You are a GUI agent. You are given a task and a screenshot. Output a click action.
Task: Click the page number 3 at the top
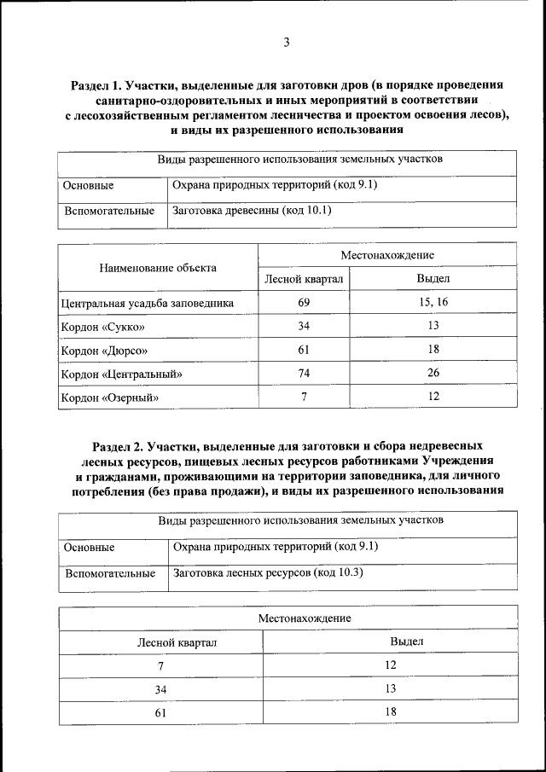[287, 44]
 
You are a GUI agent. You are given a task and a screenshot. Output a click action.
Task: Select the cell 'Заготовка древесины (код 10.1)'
[252, 210]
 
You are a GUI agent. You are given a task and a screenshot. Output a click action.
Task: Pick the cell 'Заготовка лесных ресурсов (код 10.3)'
[268, 573]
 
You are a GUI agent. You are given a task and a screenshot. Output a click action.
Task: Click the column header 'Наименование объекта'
[158, 267]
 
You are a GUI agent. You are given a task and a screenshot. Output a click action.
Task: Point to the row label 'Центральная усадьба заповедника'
[147, 303]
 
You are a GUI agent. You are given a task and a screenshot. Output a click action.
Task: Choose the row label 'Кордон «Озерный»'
[110, 398]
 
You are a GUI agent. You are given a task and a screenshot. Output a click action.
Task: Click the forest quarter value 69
[304, 302]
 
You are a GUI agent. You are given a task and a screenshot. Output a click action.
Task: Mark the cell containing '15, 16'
[433, 302]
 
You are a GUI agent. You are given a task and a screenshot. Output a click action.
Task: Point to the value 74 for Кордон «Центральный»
[304, 373]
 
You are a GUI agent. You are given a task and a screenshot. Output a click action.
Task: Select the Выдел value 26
[433, 373]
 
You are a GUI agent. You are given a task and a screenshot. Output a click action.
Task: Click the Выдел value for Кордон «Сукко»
[433, 326]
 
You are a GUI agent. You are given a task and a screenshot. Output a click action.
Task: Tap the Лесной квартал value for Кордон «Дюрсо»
[304, 350]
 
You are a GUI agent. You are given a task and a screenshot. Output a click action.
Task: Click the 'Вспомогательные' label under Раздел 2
[109, 574]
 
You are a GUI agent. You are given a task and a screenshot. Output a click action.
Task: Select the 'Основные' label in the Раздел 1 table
[88, 185]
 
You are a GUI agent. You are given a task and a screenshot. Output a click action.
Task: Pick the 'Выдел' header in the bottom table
[407, 641]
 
